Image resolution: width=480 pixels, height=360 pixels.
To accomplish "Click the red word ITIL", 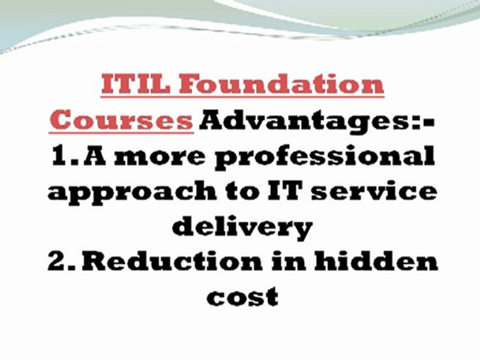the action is pyautogui.click(x=135, y=84).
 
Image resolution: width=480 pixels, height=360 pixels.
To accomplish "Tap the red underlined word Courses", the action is pyautogui.click(x=121, y=120).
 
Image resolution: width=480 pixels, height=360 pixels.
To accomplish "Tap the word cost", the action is pyautogui.click(x=242, y=296).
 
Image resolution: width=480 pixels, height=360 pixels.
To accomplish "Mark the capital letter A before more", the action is pyautogui.click(x=94, y=155).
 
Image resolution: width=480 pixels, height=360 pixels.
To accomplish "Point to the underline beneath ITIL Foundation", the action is pyautogui.click(x=242, y=96).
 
